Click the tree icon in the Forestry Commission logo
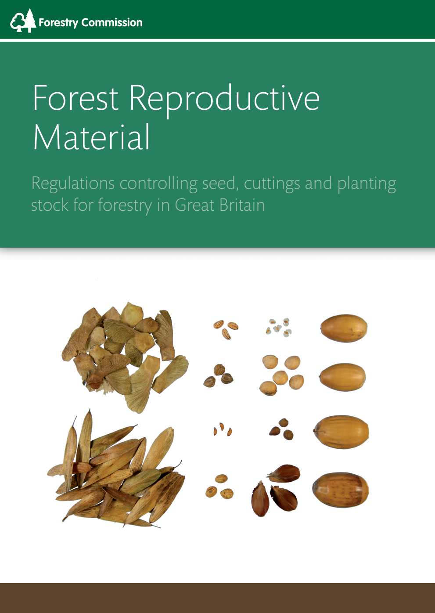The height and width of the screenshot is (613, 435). coord(23,21)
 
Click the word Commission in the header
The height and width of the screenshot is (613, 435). coord(112,22)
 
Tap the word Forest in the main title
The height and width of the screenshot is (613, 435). coord(75,98)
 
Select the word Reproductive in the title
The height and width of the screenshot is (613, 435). coord(224,99)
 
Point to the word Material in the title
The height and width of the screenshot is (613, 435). coord(91,137)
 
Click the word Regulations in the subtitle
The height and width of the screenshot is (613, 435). coord(73,184)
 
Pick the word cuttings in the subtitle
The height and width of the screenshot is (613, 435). coord(272,184)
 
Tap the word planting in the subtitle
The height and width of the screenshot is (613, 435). coord(367,184)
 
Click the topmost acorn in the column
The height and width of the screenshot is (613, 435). coord(344,328)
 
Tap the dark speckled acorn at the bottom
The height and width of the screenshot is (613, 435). coord(341,490)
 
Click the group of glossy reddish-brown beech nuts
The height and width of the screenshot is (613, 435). coord(277,490)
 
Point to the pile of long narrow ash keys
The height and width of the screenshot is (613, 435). coord(116,472)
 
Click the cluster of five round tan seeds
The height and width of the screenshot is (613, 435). coord(281,375)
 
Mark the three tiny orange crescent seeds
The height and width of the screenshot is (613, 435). coord(223,429)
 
